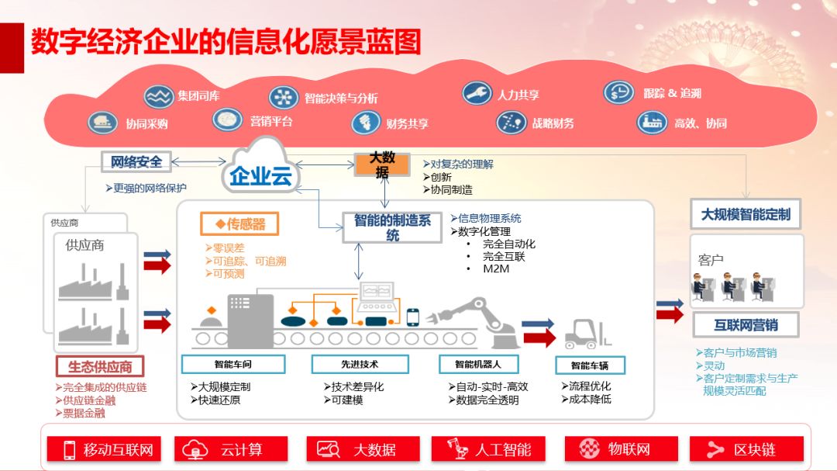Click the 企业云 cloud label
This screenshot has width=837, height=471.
tap(261, 175)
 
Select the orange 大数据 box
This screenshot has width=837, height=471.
tap(382, 165)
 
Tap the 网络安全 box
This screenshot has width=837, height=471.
tap(136, 161)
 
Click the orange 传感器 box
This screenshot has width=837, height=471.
tap(239, 224)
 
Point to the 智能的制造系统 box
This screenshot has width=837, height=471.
tap(392, 227)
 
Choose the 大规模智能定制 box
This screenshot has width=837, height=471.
tap(746, 214)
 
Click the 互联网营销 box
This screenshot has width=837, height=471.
tap(746, 325)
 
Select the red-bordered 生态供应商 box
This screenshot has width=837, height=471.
tap(100, 367)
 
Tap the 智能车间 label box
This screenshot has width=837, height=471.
tap(233, 364)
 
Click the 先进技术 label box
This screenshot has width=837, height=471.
tap(360, 364)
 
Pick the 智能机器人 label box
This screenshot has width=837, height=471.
tap(478, 364)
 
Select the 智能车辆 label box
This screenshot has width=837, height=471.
tap(590, 365)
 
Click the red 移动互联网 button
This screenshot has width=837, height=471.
tap(104, 449)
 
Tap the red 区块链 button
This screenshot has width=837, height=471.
tap(746, 449)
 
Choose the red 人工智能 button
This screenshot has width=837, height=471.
tap(488, 449)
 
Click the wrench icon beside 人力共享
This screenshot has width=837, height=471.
tap(477, 93)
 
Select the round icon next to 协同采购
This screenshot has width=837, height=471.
tap(102, 123)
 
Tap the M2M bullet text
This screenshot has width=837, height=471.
tap(496, 269)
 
